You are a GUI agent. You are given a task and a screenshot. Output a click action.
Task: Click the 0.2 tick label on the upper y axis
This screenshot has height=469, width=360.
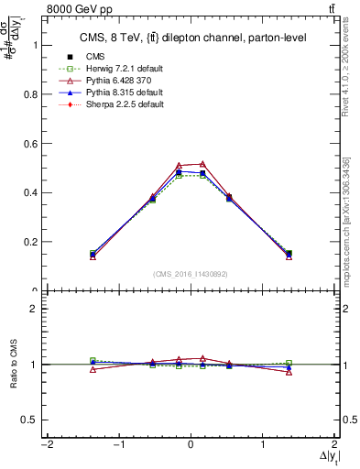pos(27,243)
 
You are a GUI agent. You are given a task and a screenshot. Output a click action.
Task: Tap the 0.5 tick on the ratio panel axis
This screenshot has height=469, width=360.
pos(27,420)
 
